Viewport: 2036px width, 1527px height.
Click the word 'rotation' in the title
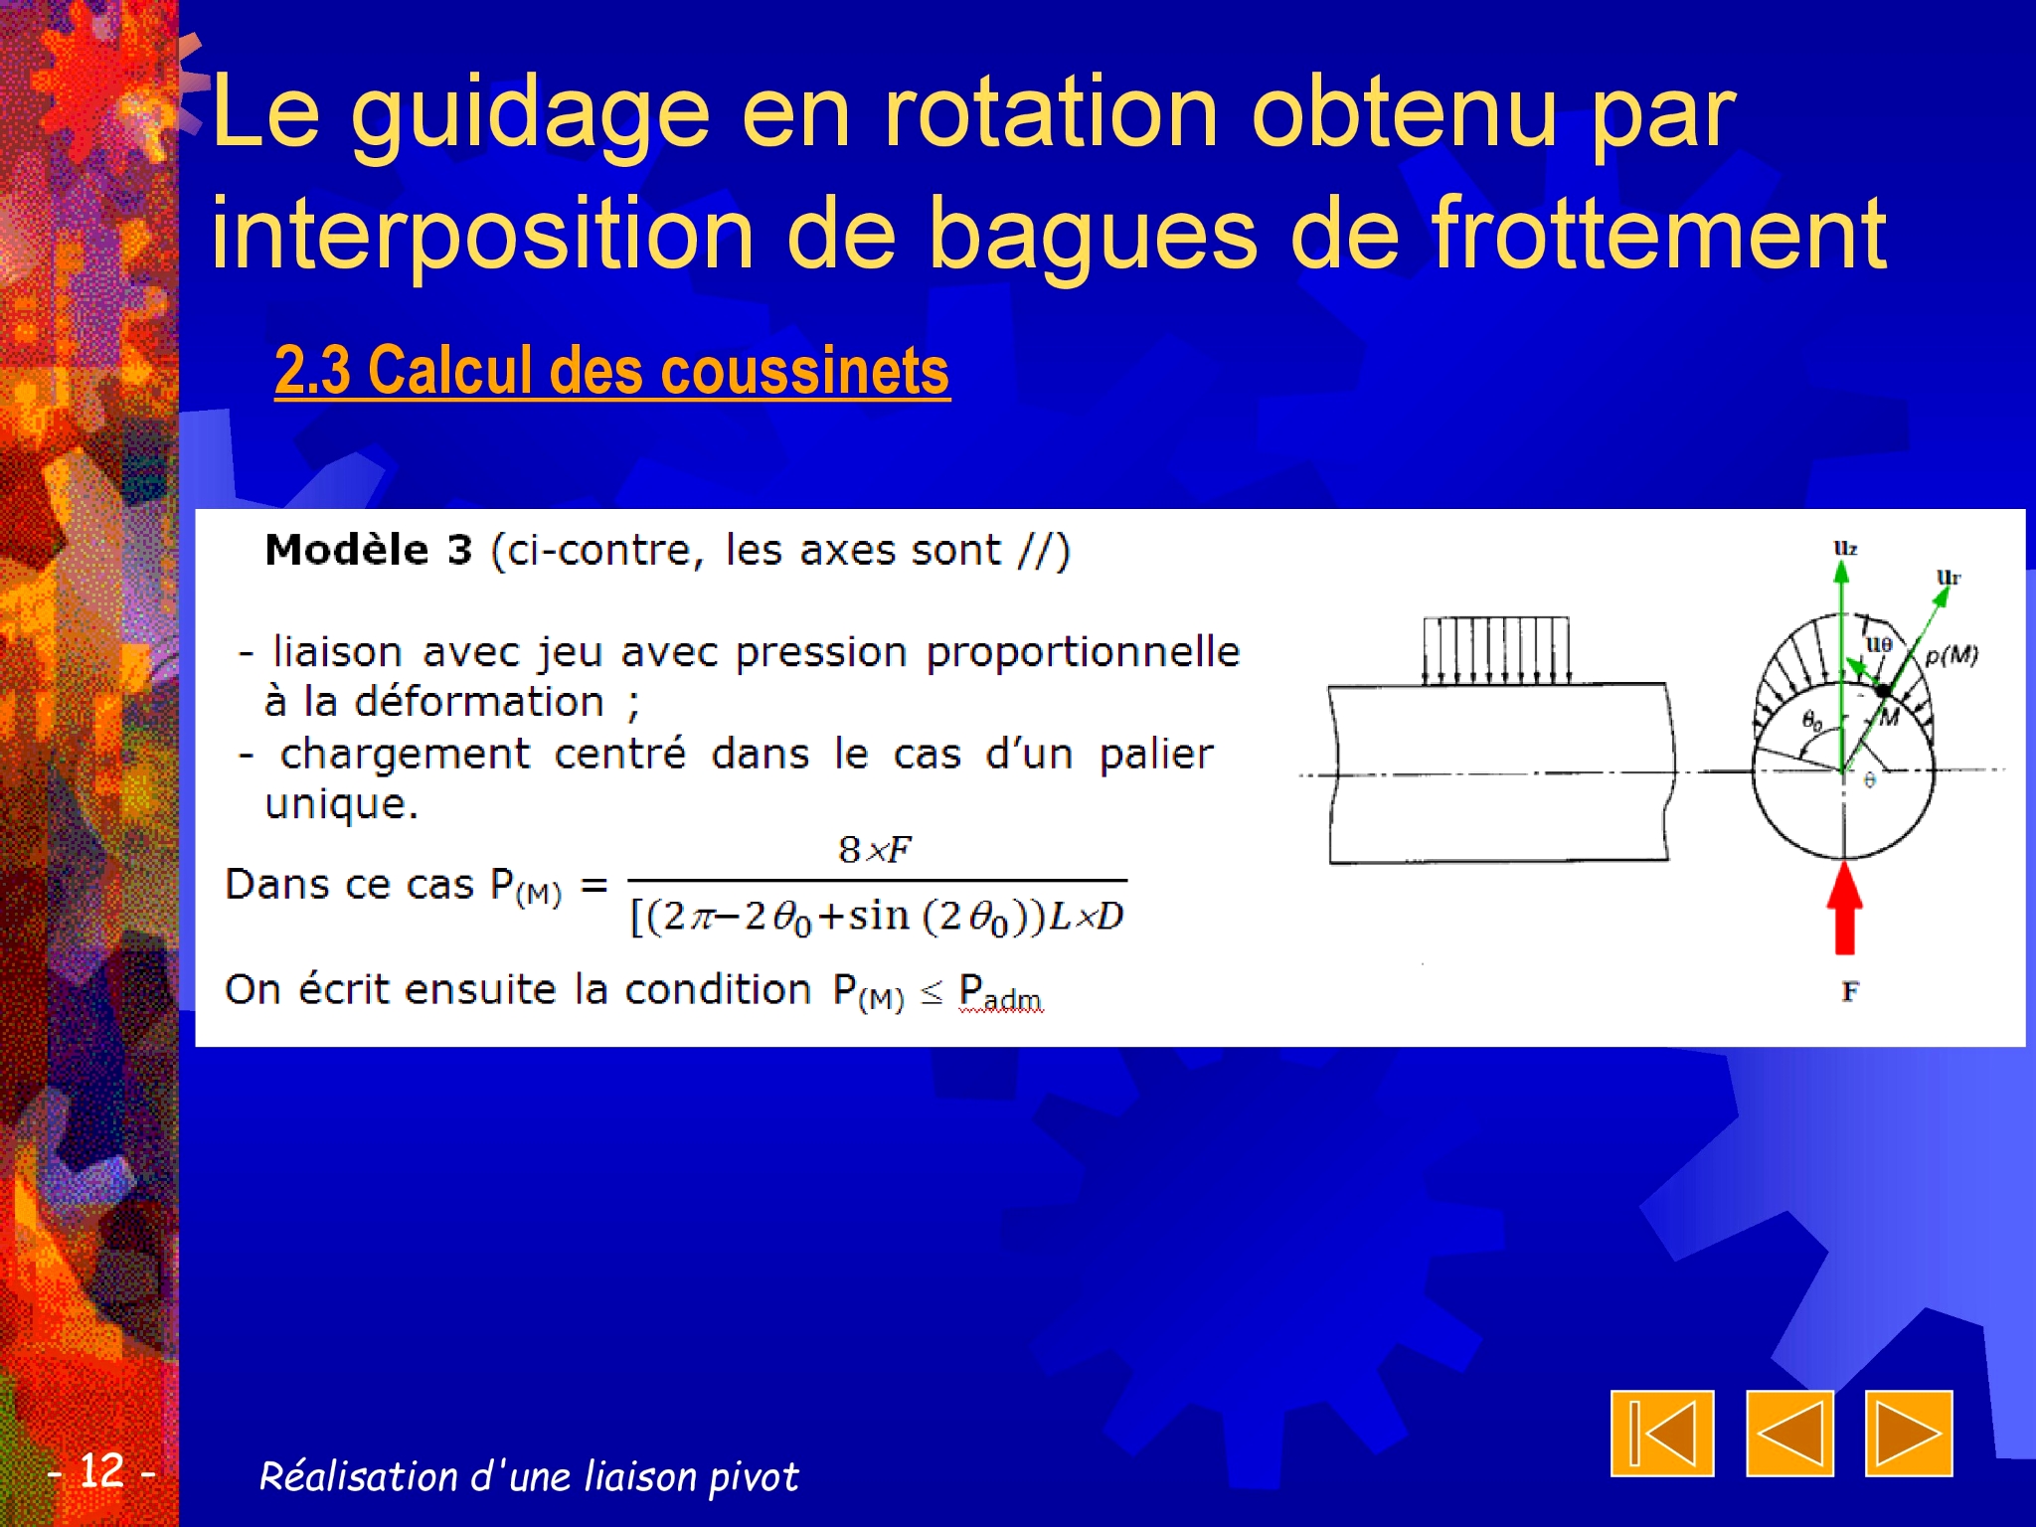tap(1051, 113)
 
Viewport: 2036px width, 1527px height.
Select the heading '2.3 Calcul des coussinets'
tap(611, 371)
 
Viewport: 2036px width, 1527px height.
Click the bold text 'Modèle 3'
tap(368, 550)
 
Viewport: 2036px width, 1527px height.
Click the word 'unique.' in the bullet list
tap(341, 804)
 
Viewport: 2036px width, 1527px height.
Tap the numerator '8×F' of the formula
tap(875, 850)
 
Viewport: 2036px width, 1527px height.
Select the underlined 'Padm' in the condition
tap(1000, 992)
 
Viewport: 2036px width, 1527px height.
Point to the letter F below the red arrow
tap(1849, 991)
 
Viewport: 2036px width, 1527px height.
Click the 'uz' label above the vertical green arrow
tap(1845, 548)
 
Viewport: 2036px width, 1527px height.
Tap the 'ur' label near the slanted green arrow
tap(1949, 577)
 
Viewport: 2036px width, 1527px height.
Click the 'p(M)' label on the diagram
tap(1951, 655)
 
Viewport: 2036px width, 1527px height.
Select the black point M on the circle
tap(1883, 690)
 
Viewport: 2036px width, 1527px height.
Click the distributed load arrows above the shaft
tap(1496, 651)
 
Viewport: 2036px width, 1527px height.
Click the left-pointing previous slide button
tap(1789, 1434)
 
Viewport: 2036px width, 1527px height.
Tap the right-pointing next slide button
tap(1909, 1434)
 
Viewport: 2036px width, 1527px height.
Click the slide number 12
tap(101, 1470)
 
